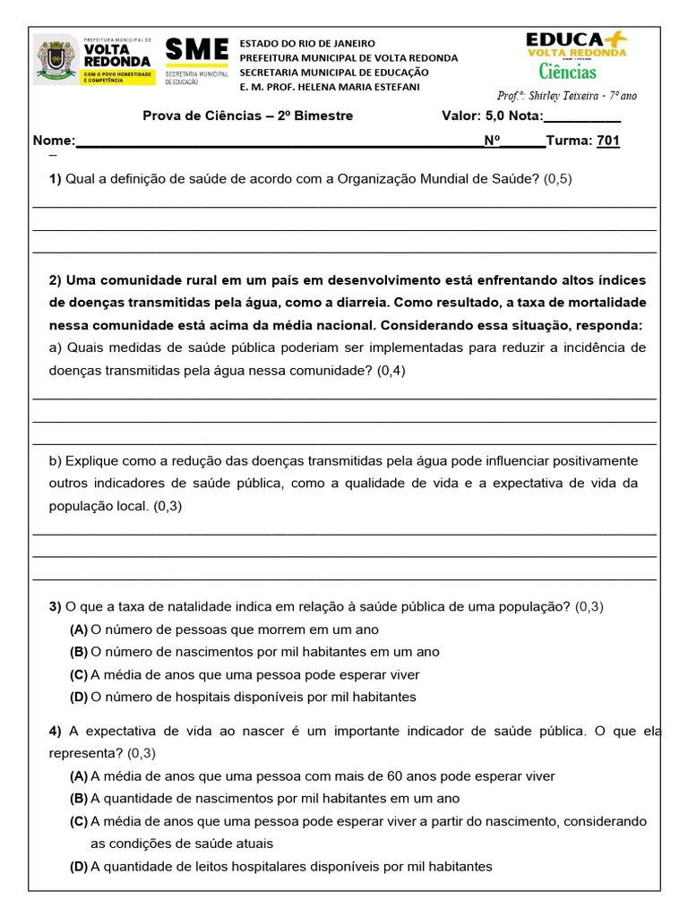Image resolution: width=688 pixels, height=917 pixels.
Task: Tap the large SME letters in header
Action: [x=197, y=50]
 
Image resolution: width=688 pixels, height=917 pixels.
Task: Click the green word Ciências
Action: [x=567, y=72]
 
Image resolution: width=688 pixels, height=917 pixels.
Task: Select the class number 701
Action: [x=608, y=141]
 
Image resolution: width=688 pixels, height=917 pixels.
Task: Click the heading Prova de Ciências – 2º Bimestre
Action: [x=248, y=116]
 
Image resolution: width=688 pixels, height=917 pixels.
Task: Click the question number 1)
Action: [x=56, y=179]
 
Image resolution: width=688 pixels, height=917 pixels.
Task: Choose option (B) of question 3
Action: [x=79, y=652]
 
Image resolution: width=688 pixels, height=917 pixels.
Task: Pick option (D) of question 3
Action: [x=79, y=697]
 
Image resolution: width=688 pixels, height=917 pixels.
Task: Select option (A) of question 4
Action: [x=79, y=776]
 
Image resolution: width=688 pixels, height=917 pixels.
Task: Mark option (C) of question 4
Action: [x=79, y=821]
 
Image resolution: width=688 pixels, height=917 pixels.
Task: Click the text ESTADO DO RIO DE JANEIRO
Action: [x=307, y=44]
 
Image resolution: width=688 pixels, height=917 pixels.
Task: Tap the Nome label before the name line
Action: [x=54, y=141]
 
